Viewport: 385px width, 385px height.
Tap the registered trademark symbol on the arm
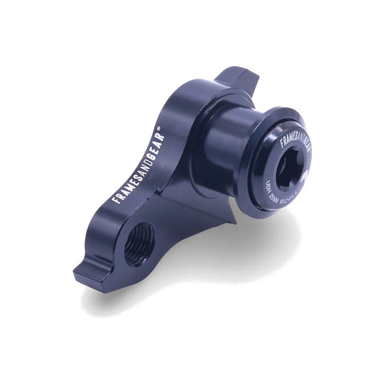159,127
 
